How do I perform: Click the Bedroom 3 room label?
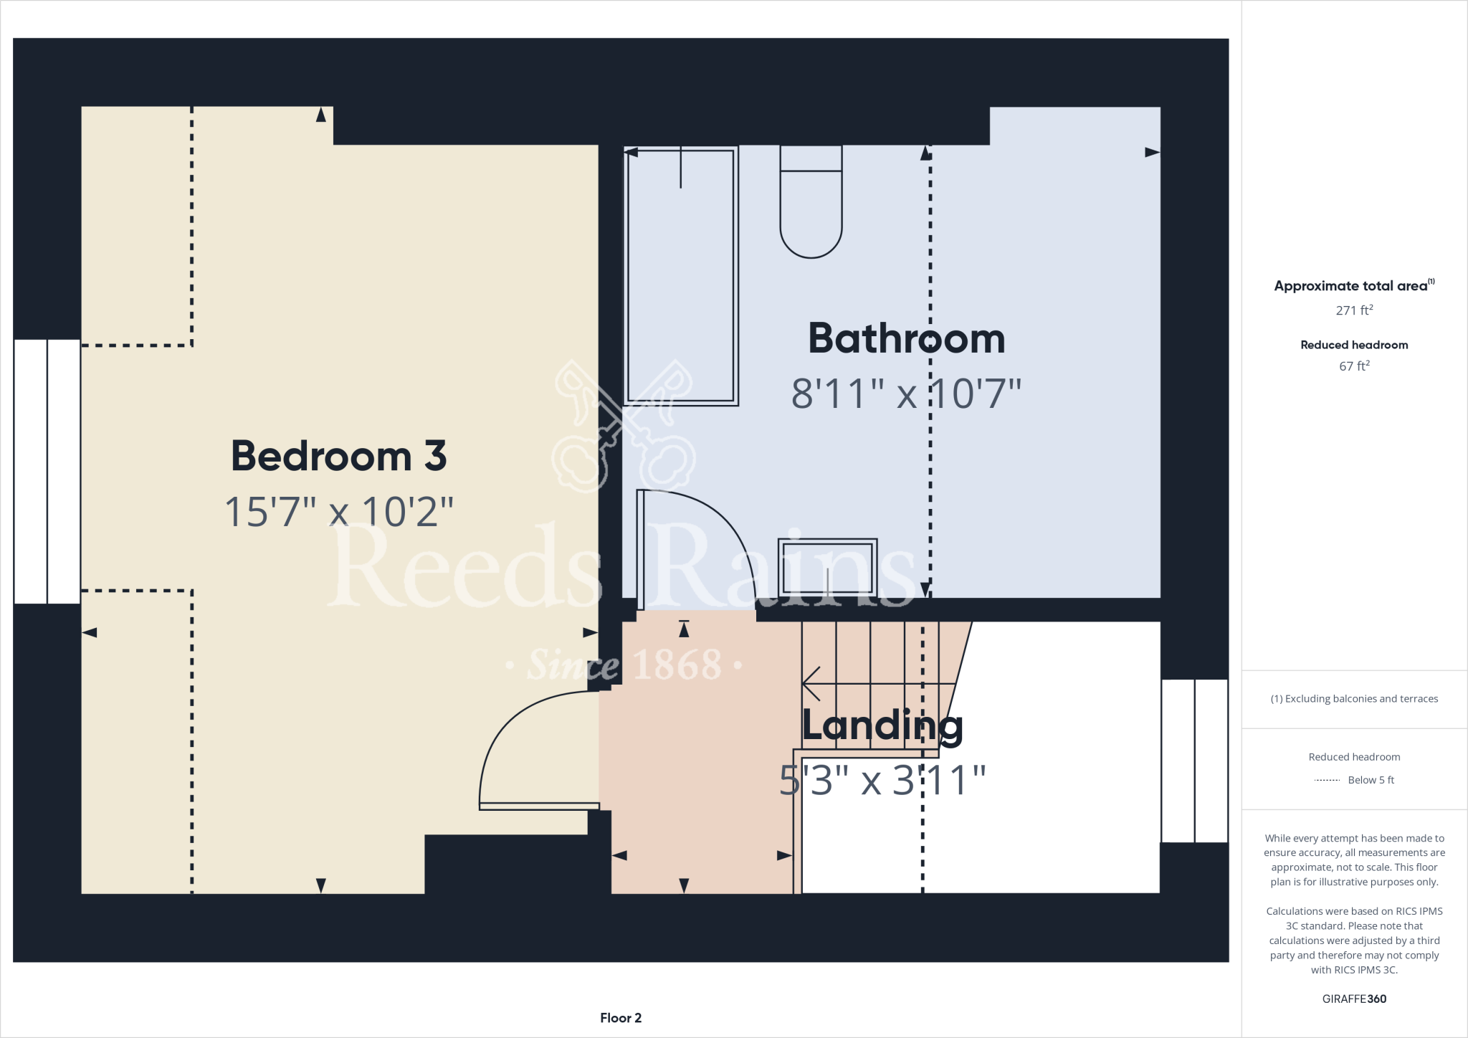pos(338,456)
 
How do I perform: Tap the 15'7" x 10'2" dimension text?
pos(338,512)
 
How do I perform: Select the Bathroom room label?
pos(906,338)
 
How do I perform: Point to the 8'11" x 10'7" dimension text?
pos(906,394)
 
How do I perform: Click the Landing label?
pos(882,725)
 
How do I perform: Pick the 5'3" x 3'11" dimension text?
pos(882,781)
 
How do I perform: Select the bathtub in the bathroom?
pos(681,276)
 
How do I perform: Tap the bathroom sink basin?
pos(828,568)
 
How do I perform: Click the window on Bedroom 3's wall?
pos(47,472)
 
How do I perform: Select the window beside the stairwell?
pos(1194,761)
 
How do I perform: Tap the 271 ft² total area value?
pos(1353,310)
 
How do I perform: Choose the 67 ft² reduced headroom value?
pos(1353,366)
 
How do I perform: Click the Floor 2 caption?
pos(621,1018)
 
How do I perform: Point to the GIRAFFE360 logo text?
pos(1353,999)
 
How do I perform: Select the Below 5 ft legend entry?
pos(1355,780)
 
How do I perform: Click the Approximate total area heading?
pos(1352,286)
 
